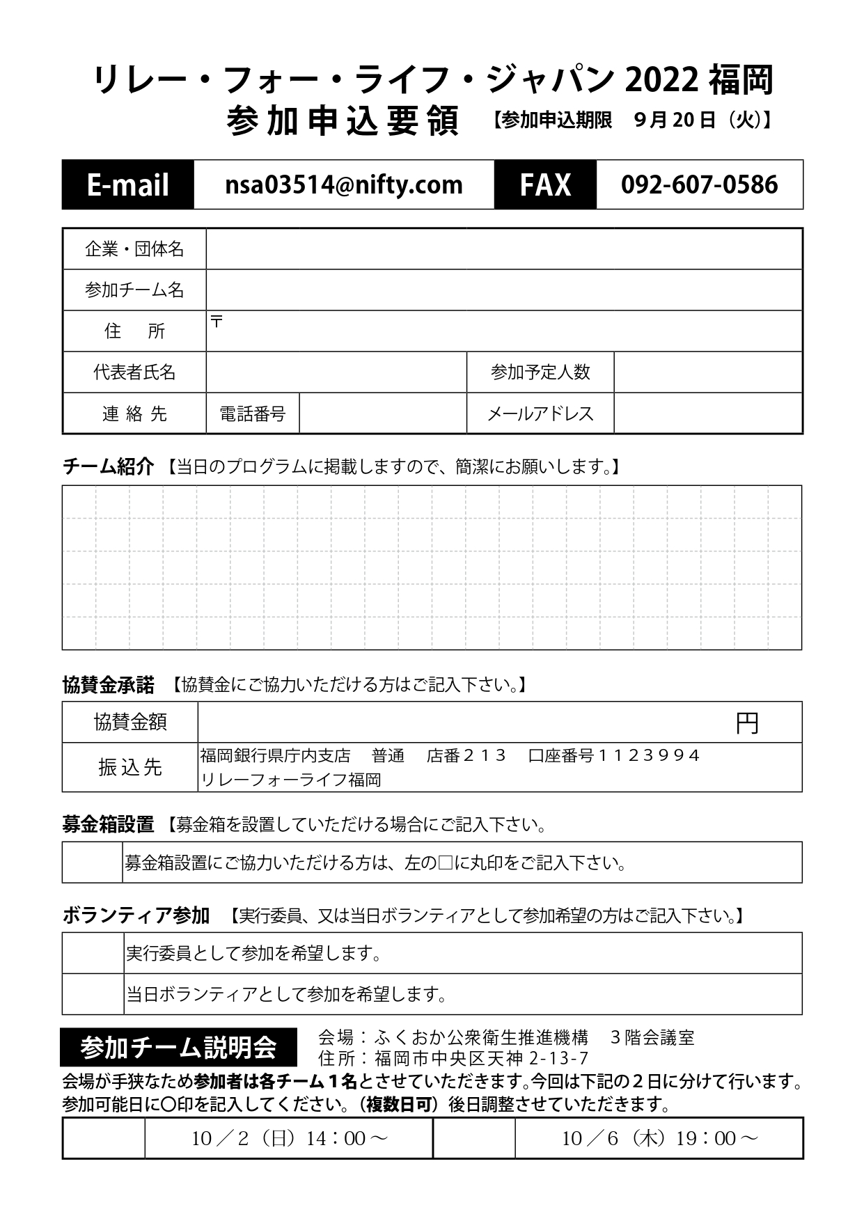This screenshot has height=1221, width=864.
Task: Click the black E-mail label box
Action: click(128, 184)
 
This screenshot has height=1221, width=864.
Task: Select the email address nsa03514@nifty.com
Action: click(344, 184)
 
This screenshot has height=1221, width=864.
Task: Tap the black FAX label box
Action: click(545, 184)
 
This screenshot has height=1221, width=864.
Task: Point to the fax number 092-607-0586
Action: click(699, 184)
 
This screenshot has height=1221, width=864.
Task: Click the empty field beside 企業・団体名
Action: click(504, 249)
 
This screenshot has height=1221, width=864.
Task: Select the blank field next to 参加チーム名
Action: click(504, 290)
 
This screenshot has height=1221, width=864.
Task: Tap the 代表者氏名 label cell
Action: click(134, 372)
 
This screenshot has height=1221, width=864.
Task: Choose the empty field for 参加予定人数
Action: click(707, 372)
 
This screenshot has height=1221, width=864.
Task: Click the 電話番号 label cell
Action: click(253, 413)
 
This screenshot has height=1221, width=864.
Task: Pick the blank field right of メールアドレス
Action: click(707, 413)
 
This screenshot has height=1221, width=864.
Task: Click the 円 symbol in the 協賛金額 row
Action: click(747, 724)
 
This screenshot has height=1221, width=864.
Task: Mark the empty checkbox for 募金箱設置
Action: click(93, 862)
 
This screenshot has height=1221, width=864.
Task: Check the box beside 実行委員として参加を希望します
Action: click(93, 953)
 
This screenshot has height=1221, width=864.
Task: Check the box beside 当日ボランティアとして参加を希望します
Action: click(93, 994)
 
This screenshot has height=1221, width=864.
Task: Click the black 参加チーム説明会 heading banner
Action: click(178, 1047)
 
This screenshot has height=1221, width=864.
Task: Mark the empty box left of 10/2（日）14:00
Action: click(104, 1138)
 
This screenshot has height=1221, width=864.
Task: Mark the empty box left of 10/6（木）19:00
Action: click(474, 1138)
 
